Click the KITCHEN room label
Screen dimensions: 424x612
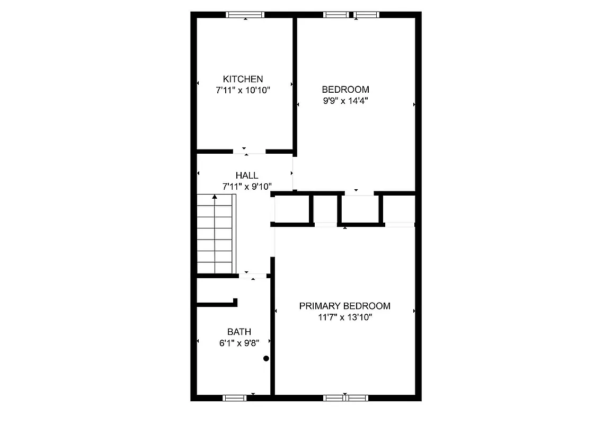[x=243, y=79]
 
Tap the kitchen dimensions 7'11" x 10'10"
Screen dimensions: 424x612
[x=243, y=91]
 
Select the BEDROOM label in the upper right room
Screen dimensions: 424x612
[x=345, y=89]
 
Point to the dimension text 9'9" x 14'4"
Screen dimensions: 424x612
[x=345, y=101]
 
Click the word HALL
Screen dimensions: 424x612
[x=247, y=175]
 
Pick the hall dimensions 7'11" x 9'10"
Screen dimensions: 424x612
[x=247, y=187]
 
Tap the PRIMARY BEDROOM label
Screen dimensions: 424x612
[x=344, y=306]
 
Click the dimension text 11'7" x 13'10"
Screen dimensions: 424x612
[x=344, y=317]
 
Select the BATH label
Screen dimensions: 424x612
[x=239, y=332]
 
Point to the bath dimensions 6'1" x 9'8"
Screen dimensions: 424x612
[x=239, y=343]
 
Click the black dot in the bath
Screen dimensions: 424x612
[x=267, y=359]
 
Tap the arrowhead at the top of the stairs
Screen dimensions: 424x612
[x=215, y=197]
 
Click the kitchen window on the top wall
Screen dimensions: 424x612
[x=245, y=15]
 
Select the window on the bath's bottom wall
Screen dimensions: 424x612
[x=235, y=397]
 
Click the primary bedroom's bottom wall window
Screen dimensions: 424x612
[x=345, y=397]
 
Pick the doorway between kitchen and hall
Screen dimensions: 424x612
[x=249, y=152]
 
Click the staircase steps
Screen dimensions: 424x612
[x=215, y=236]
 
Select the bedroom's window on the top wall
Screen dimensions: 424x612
[x=352, y=15]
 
